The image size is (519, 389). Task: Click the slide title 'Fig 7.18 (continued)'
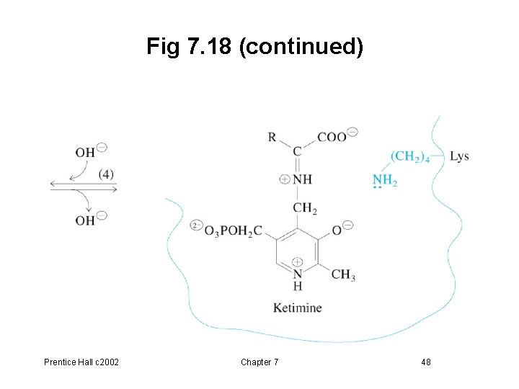coord(255,48)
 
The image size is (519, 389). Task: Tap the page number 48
coord(426,362)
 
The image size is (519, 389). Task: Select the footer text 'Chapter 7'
coord(259,362)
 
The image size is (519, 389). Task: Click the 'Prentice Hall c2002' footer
coord(81,362)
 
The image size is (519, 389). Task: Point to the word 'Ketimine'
coord(297,308)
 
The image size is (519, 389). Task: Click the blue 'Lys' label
coord(459,156)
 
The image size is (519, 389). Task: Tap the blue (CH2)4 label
coord(410,157)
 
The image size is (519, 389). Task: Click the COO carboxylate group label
coord(332,138)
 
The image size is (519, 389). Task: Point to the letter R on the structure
coord(272,137)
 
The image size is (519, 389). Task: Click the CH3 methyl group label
coord(342,274)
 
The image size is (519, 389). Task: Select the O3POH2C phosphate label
coord(233,231)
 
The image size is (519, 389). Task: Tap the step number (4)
coord(107,174)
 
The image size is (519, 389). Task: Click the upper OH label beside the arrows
coord(85,152)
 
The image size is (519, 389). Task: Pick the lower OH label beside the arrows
coord(85,220)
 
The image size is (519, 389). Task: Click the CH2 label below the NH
coord(305,209)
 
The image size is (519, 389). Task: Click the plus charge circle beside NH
coord(284,179)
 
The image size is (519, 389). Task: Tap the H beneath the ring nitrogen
coord(297,286)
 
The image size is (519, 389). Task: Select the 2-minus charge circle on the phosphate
coord(196,225)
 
